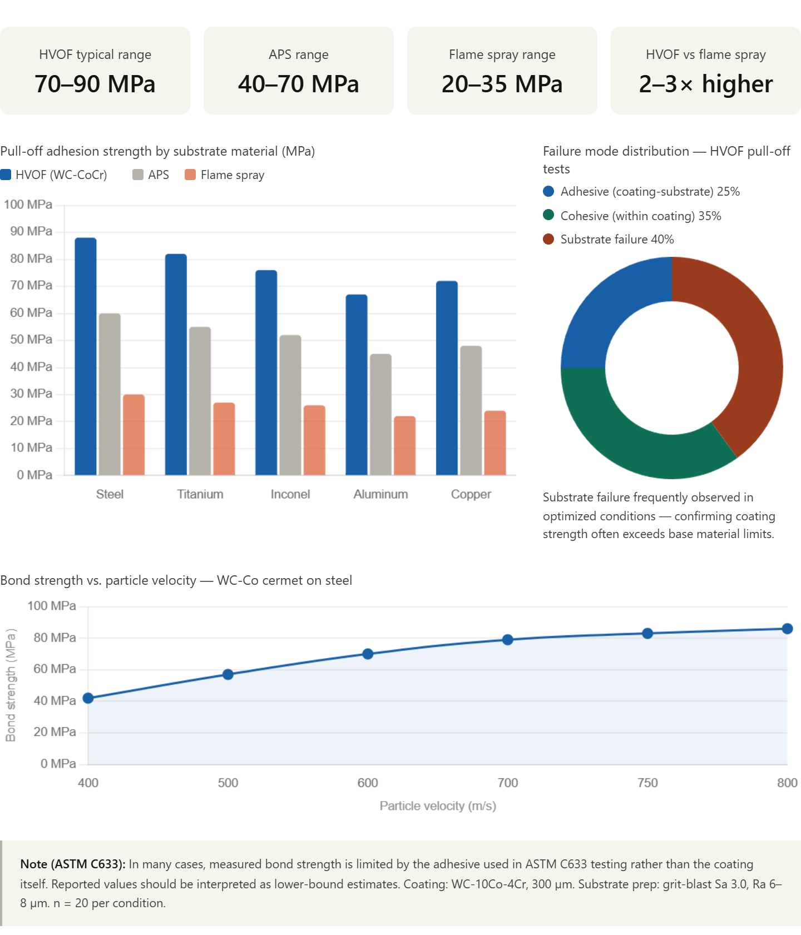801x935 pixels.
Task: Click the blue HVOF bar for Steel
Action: [86, 356]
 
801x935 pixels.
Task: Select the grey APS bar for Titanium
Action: [200, 400]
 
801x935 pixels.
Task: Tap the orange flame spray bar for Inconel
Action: [314, 440]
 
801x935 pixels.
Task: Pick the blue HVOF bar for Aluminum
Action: [357, 384]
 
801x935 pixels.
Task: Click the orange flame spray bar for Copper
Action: [495, 442]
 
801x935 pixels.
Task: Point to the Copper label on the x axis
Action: [471, 494]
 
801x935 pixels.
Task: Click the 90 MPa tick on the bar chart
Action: [31, 231]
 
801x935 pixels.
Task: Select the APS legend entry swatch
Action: [138, 175]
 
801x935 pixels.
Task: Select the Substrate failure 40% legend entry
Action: [616, 240]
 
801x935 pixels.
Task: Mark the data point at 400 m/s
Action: [88, 699]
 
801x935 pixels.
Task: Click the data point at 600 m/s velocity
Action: [368, 653]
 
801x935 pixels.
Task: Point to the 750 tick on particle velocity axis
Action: [647, 783]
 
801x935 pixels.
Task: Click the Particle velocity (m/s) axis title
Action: [438, 806]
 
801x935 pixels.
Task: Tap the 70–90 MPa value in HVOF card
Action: [95, 84]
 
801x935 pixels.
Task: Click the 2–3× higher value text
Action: [706, 84]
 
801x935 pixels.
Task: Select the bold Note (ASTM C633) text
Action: [72, 864]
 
